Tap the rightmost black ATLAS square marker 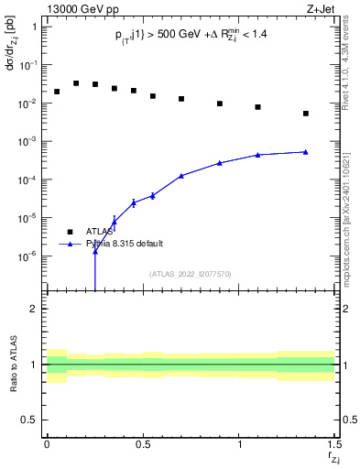tap(306, 114)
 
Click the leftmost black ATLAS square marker tap(57, 92)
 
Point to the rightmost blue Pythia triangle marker tap(306, 152)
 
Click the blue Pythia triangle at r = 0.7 tap(181, 175)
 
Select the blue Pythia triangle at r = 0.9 tap(220, 163)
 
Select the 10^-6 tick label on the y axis tap(30, 256)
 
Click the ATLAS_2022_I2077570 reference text tap(191, 273)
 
